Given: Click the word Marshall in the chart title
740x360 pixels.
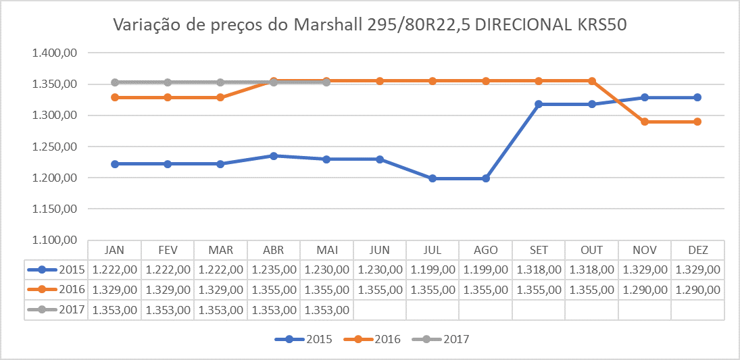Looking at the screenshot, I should click(x=328, y=26).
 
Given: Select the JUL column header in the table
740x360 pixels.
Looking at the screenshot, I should click(x=433, y=250).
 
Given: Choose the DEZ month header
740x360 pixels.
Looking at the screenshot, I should click(x=698, y=250).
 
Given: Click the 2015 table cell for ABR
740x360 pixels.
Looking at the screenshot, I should click(x=274, y=269).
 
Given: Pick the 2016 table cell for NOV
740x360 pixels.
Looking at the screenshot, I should click(x=645, y=289).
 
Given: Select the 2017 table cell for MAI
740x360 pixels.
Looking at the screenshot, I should click(x=326, y=310).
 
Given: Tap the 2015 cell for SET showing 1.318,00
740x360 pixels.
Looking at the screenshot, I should click(x=539, y=269).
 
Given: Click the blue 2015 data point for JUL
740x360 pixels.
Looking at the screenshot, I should click(x=433, y=178).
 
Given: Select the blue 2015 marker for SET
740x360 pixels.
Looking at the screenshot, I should click(x=539, y=104).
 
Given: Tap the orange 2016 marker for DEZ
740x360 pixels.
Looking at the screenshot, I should click(x=698, y=122).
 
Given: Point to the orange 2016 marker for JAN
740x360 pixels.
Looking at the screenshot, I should click(x=115, y=97).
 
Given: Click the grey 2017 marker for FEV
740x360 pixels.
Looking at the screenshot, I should click(x=168, y=82).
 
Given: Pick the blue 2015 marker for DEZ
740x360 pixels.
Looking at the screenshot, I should click(x=698, y=97).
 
